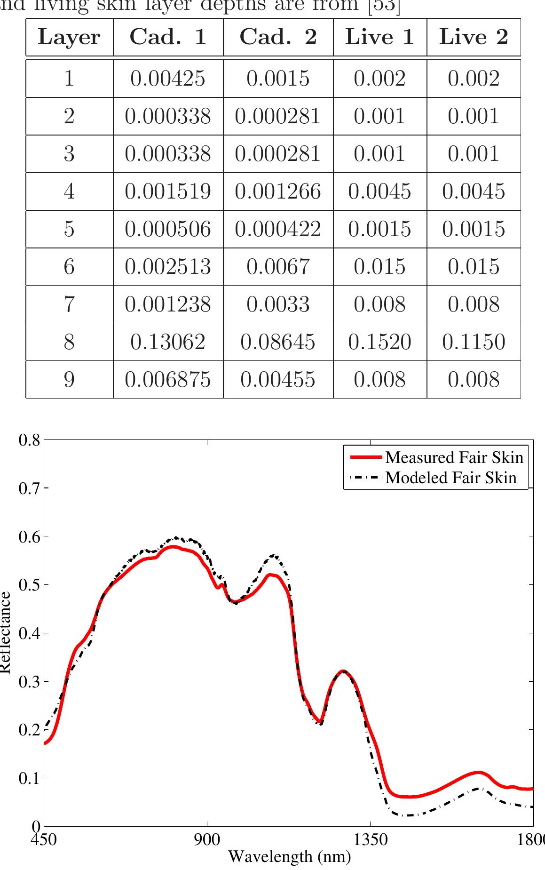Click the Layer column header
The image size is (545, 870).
click(x=69, y=37)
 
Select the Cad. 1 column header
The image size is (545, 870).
click(x=168, y=37)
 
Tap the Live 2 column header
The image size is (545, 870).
click(x=474, y=37)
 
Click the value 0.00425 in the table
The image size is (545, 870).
click(x=168, y=79)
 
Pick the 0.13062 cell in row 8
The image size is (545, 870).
click(x=168, y=342)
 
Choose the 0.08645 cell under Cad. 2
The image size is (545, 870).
click(x=278, y=342)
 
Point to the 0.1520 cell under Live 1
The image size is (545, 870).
click(x=379, y=342)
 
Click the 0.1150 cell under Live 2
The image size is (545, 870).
click(x=474, y=342)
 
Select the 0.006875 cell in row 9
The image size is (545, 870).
click(x=168, y=380)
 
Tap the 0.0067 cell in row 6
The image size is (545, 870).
click(x=278, y=267)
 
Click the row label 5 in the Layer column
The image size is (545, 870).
click(x=69, y=229)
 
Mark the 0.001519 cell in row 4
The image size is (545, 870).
click(x=168, y=192)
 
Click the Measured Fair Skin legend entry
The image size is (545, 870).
click(x=454, y=457)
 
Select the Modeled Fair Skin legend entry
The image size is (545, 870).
click(x=450, y=478)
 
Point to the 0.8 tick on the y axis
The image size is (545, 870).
click(x=29, y=441)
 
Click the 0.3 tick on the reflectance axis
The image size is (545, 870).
click(x=29, y=682)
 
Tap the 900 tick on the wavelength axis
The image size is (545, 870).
click(x=207, y=840)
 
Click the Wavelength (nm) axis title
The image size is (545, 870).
click(x=289, y=856)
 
